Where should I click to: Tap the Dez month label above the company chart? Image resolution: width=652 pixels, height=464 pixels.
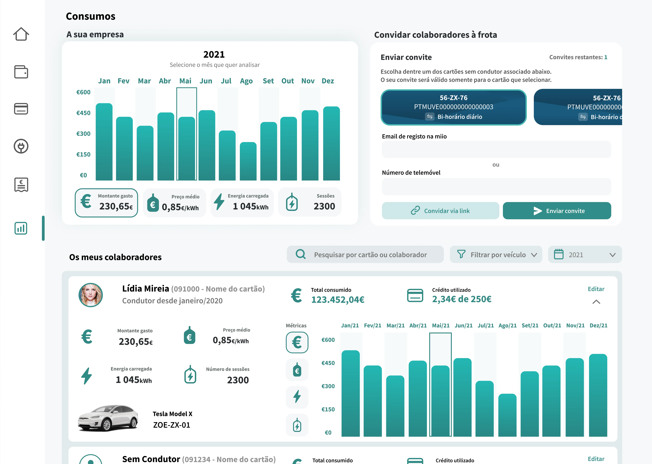click(328, 81)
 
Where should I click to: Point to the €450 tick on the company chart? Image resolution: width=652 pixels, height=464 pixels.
click(83, 113)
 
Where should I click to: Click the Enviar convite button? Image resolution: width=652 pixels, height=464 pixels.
click(557, 211)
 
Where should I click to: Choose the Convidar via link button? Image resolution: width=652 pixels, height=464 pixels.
click(440, 211)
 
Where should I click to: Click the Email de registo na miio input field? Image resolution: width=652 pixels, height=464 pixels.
click(496, 149)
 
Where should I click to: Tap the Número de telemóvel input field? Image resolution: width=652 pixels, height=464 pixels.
click(496, 187)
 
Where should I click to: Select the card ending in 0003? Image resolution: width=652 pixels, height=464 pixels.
click(454, 107)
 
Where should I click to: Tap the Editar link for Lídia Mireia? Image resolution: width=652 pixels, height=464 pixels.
click(596, 289)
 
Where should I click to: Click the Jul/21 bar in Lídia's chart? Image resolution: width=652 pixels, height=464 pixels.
click(484, 409)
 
